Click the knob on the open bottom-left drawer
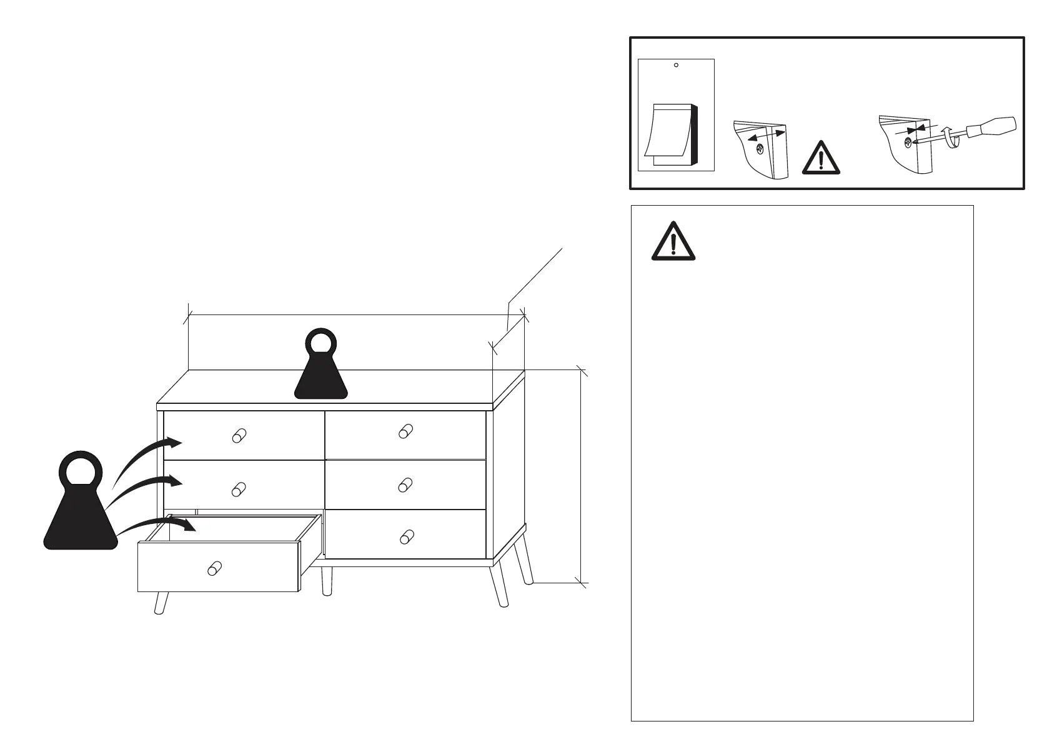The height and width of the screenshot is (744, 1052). [x=214, y=568]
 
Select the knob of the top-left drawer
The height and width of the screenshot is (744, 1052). [x=239, y=436]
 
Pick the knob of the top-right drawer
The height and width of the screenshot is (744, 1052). [x=406, y=431]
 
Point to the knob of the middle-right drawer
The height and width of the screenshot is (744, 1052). [x=406, y=485]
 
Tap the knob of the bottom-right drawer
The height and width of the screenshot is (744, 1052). [x=407, y=536]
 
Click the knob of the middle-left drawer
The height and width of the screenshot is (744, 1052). [x=238, y=489]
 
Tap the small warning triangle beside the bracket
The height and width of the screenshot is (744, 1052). [x=821, y=158]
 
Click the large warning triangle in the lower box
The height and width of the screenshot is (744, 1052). [x=673, y=241]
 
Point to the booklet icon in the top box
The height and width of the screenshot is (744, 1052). [x=672, y=135]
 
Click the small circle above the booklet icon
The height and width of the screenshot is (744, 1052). [x=676, y=65]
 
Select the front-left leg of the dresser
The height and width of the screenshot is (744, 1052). [x=162, y=602]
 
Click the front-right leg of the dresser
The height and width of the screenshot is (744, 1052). [x=500, y=585]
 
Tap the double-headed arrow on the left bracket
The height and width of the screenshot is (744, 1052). [x=766, y=136]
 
